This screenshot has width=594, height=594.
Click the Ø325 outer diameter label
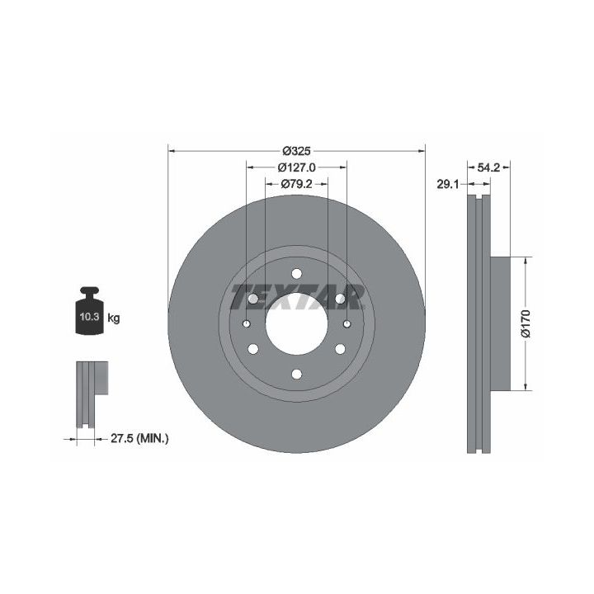[297, 151]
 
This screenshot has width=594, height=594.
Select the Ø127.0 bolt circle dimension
[297, 167]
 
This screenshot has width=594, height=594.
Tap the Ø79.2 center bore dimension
[297, 184]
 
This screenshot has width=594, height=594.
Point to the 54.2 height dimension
[488, 167]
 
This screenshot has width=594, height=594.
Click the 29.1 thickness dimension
[448, 185]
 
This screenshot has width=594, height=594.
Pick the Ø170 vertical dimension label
[526, 323]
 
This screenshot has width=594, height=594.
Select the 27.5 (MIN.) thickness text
[139, 439]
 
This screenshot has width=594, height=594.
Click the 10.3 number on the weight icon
[89, 317]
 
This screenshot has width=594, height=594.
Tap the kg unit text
[114, 318]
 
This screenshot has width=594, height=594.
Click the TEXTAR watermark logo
[297, 297]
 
